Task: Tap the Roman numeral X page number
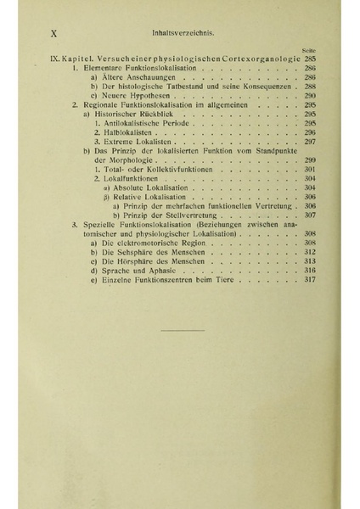54,34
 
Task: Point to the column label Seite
308,49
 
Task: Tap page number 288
309,86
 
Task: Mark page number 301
309,169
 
